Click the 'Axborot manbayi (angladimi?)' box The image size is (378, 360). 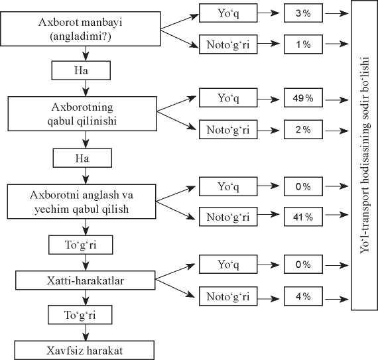pyautogui.click(x=80, y=29)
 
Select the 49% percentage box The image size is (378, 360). pyautogui.click(x=303, y=97)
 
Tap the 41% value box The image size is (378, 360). pyautogui.click(x=303, y=217)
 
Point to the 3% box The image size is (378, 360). pyautogui.click(x=303, y=13)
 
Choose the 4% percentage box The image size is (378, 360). pyautogui.click(x=303, y=296)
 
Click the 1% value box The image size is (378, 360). pyautogui.click(x=303, y=44)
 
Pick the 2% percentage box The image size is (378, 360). pyautogui.click(x=303, y=130)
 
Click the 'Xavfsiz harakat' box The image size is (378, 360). pyautogui.click(x=84, y=350)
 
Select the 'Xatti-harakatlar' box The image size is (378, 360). pyautogui.click(x=86, y=280)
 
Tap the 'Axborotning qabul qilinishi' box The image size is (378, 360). pyautogui.click(x=82, y=114)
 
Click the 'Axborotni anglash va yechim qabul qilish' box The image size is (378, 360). pyautogui.click(x=82, y=202)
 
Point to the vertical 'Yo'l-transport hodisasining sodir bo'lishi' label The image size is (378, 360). pyautogui.click(x=365, y=155)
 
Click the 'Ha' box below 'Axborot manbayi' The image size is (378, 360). pyautogui.click(x=81, y=70)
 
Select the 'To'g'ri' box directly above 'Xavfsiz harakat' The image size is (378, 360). pyautogui.click(x=80, y=315)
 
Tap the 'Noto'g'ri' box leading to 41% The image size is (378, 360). pyautogui.click(x=228, y=217)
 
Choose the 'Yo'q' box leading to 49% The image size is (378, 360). pyautogui.click(x=228, y=97)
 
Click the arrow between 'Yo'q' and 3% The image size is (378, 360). pyautogui.click(x=269, y=13)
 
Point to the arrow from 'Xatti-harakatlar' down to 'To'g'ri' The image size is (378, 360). pyautogui.click(x=86, y=298)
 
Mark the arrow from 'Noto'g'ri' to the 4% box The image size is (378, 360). pyautogui.click(x=269, y=299)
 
